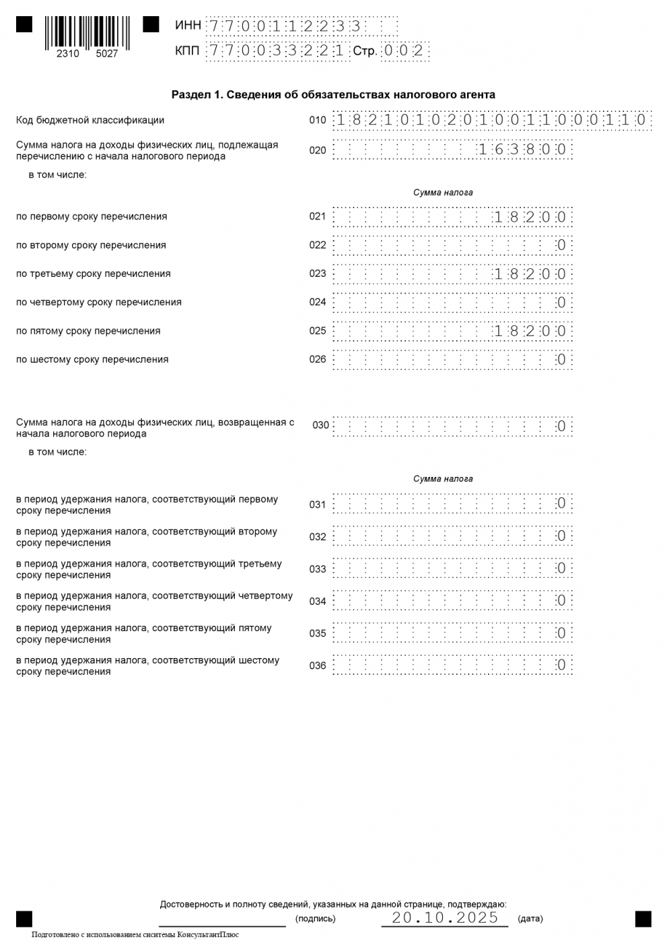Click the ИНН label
click(188, 26)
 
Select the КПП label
click(187, 51)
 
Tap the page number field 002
click(404, 51)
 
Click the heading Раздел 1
click(333, 95)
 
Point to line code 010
click(318, 121)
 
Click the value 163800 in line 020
click(522, 150)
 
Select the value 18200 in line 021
click(530, 217)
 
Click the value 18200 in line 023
click(530, 274)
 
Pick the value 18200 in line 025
click(530, 331)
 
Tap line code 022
click(318, 245)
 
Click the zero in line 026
click(561, 360)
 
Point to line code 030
click(321, 426)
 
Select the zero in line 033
click(561, 569)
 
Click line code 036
click(318, 666)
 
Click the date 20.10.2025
click(446, 918)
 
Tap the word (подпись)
click(315, 919)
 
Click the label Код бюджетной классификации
click(90, 121)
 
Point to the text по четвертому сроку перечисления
click(99, 302)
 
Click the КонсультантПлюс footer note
click(135, 935)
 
